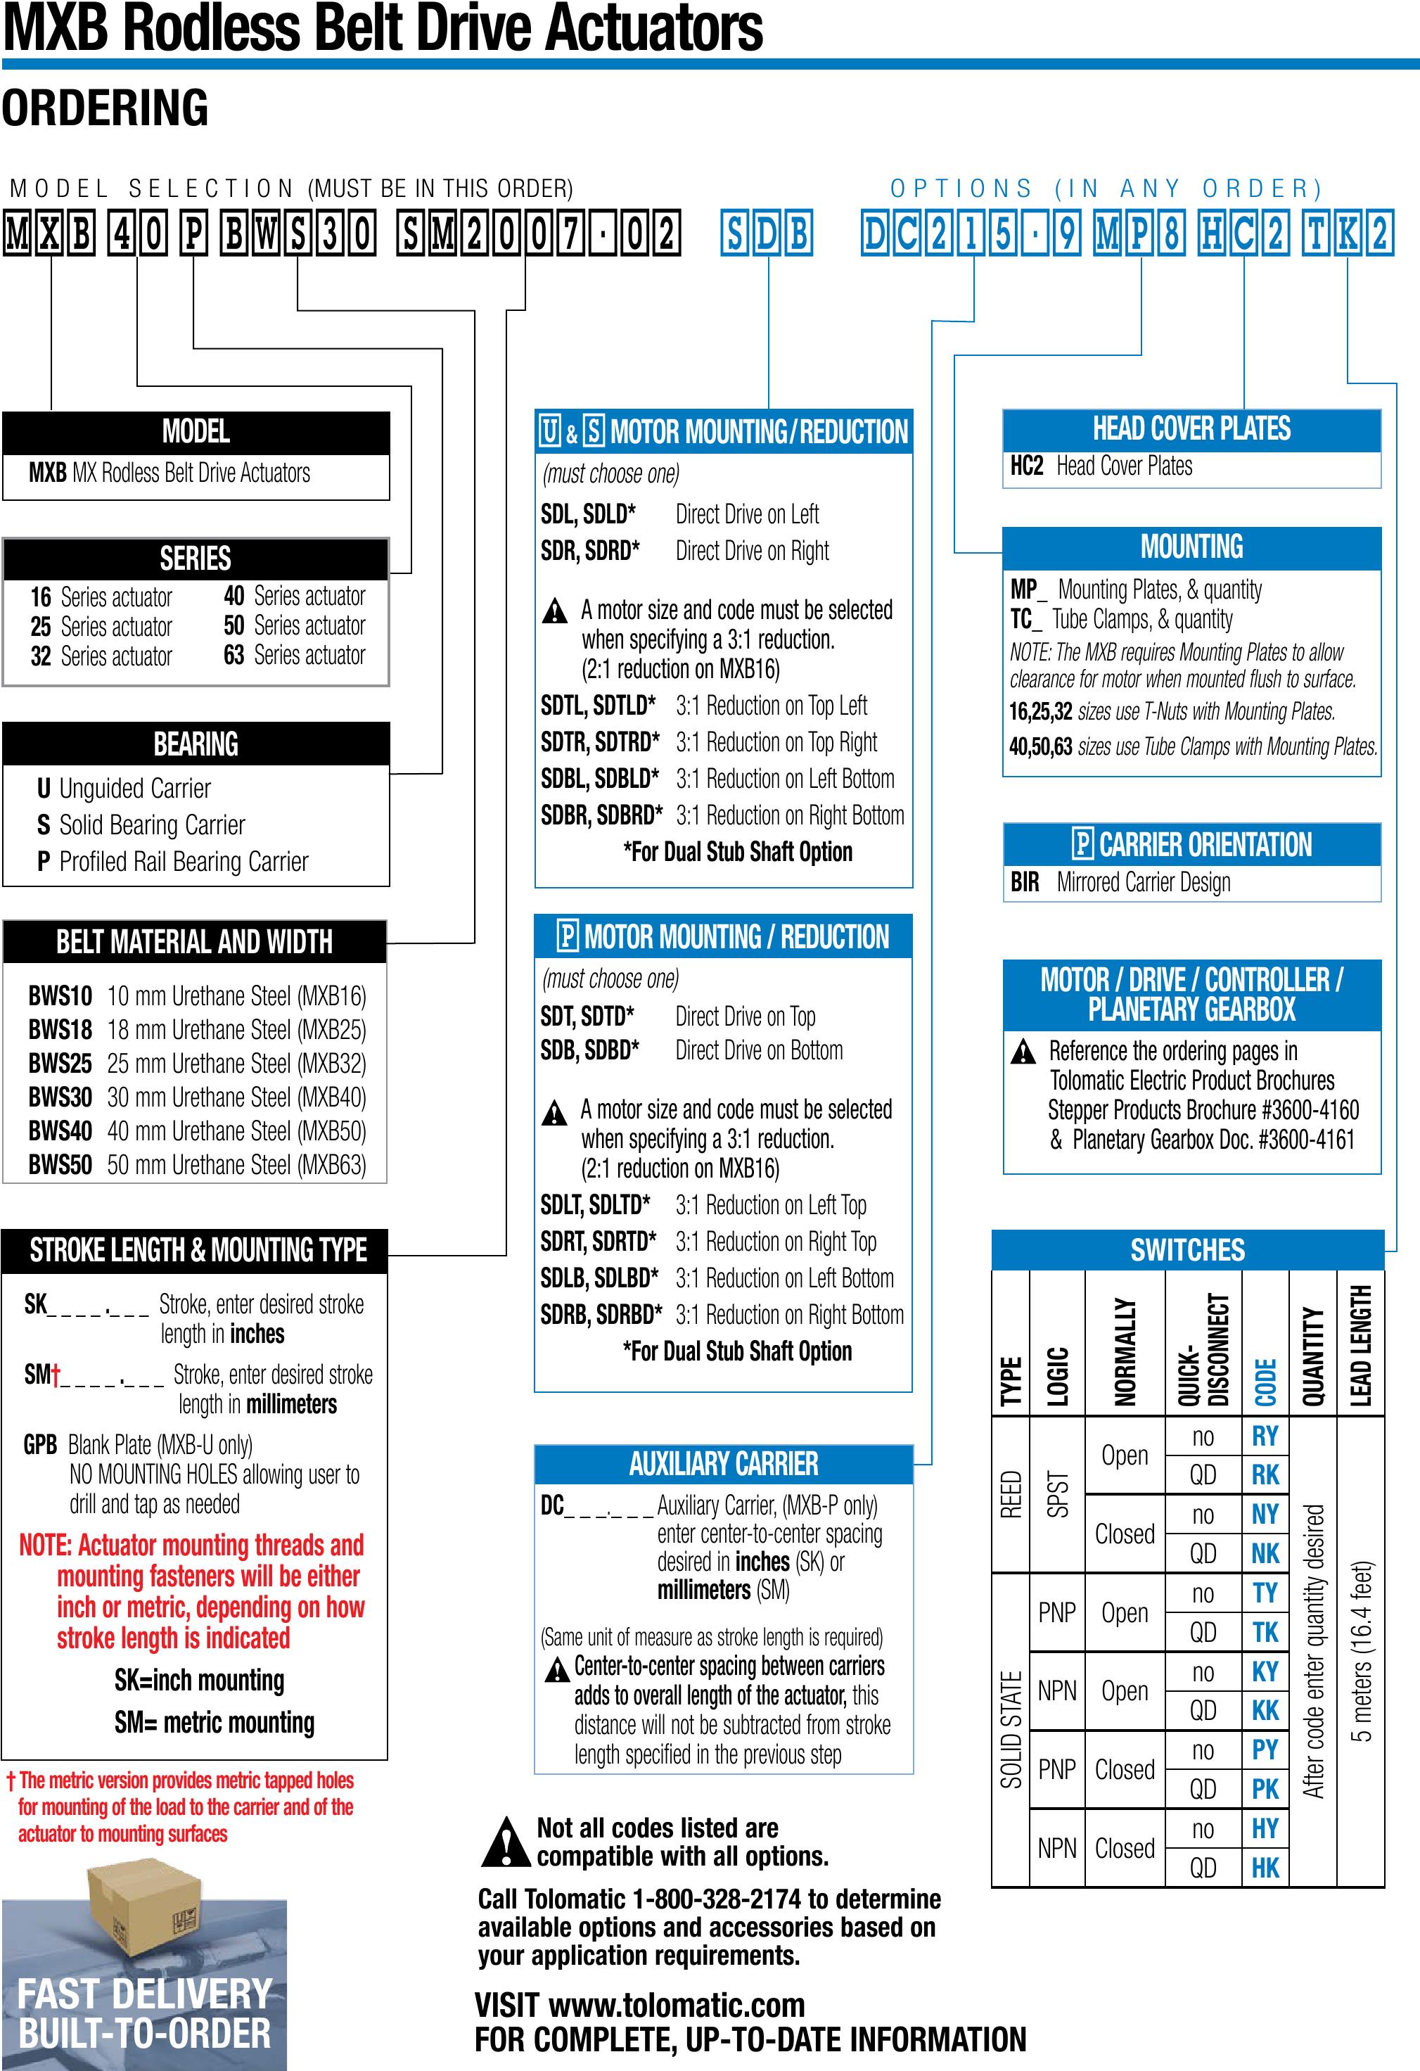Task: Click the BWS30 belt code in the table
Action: (x=60, y=1097)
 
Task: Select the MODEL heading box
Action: (x=196, y=432)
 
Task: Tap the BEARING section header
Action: (x=196, y=744)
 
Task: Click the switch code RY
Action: (x=1265, y=1436)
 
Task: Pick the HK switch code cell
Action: (x=1265, y=1867)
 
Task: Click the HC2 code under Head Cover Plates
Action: (x=1026, y=466)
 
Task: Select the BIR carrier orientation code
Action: (x=1025, y=882)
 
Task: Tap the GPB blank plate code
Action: (x=40, y=1444)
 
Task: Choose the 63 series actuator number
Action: (x=234, y=655)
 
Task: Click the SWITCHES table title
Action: (x=1187, y=1250)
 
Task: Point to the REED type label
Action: (x=1010, y=1494)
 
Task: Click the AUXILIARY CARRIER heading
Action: (x=723, y=1464)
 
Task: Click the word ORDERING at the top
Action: (x=105, y=108)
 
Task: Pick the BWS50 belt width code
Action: (x=60, y=1165)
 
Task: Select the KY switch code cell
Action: (x=1265, y=1671)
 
